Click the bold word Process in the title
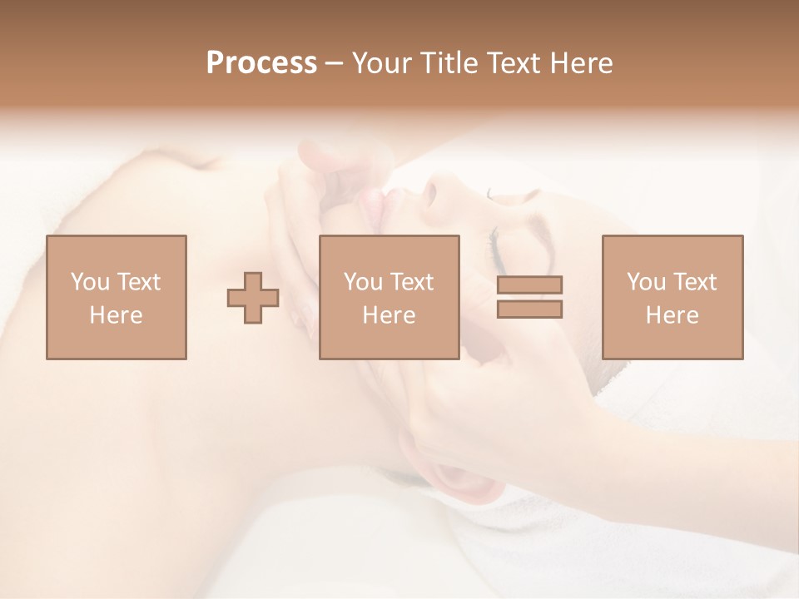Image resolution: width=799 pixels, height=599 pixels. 261,63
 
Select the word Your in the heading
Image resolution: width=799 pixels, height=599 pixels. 382,63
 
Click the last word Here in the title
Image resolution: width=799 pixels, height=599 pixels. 580,63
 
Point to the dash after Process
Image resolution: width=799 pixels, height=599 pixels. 335,64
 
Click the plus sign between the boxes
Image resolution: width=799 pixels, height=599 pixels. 253,297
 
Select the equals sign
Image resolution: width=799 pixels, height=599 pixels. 529,297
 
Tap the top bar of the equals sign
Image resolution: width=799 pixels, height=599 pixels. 529,285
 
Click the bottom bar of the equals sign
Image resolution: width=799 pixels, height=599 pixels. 529,309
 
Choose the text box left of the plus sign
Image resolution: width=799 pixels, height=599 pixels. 116,297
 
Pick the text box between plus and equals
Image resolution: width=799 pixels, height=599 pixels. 389,297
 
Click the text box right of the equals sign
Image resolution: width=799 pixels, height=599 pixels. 672,297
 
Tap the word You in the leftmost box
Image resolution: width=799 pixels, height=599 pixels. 88,282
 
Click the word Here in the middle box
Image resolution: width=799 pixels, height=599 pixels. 389,315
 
